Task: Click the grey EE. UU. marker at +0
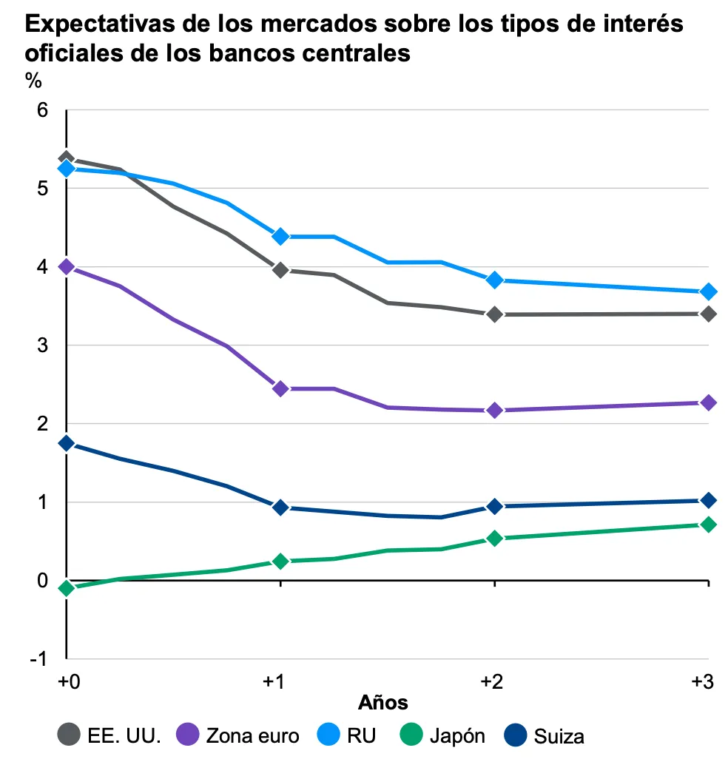[67, 158]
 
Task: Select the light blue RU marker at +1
[280, 236]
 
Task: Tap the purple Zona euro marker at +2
[494, 410]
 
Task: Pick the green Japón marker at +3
[708, 525]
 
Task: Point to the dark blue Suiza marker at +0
[67, 443]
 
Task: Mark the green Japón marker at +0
[67, 588]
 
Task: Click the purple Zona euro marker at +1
[280, 388]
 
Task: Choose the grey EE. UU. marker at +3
[708, 314]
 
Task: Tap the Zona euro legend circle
[187, 735]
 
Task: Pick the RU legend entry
[348, 736]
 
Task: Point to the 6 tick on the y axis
[42, 110]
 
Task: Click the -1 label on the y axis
[38, 659]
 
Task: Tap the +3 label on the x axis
[701, 681]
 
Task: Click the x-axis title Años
[383, 701]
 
